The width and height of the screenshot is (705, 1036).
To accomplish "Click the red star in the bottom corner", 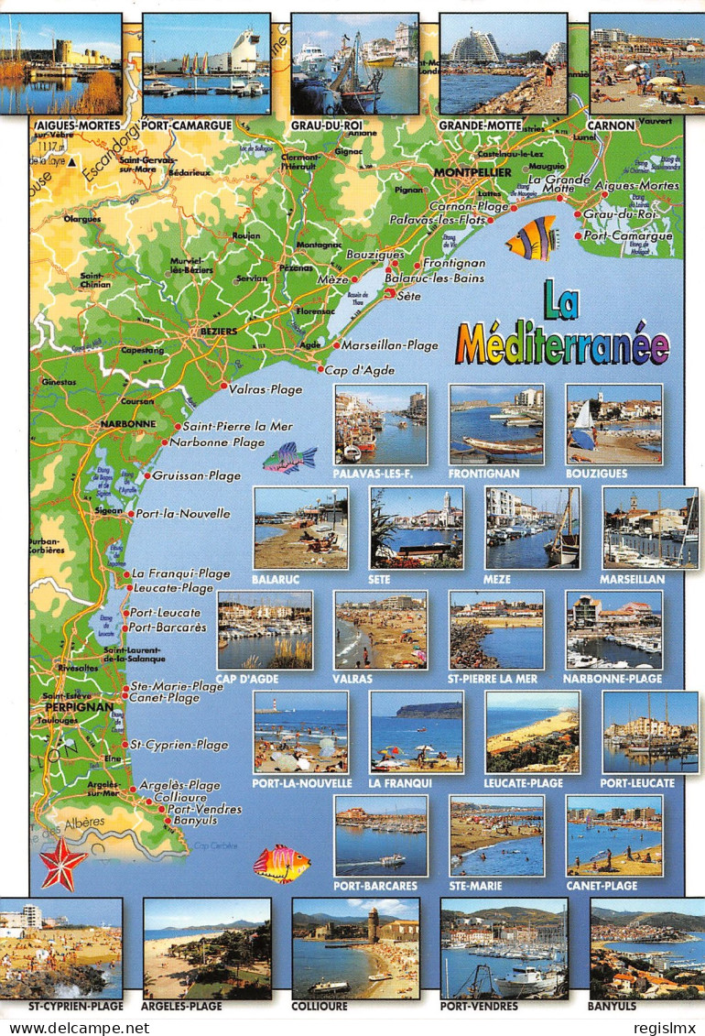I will click(x=62, y=864).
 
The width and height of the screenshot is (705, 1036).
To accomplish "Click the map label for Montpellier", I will click(x=472, y=172).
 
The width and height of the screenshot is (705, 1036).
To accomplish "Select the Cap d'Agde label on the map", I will click(x=359, y=369).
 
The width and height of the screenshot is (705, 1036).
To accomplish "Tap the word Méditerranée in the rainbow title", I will click(x=562, y=344).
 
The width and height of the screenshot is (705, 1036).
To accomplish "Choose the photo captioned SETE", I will click(x=417, y=528).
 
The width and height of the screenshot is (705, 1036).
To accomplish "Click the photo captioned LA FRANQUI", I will click(x=416, y=732).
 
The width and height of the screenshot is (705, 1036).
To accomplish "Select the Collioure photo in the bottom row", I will click(x=355, y=948).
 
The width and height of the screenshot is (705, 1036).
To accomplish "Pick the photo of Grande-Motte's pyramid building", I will click(x=503, y=63).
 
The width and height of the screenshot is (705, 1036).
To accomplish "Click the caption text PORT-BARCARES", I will click(x=375, y=886).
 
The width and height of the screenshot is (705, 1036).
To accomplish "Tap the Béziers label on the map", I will click(x=219, y=331).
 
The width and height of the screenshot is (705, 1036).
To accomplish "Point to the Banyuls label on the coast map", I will click(x=195, y=821).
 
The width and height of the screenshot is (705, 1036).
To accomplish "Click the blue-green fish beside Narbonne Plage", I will click(x=289, y=457).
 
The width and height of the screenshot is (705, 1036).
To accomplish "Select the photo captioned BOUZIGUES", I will click(x=613, y=424).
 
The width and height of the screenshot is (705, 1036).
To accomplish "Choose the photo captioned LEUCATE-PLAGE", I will click(x=532, y=732).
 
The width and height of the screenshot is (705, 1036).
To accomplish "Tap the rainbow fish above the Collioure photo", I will click(x=281, y=863).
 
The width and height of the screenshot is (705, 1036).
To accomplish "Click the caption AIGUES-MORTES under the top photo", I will click(x=63, y=125).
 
